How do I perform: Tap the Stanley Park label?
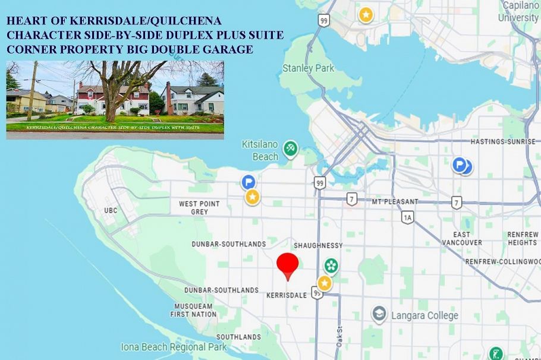[308, 68]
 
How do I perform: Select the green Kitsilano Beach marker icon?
[290, 148]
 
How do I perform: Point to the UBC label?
[111, 210]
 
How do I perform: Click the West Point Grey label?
[199, 207]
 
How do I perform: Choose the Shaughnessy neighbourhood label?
[318, 245]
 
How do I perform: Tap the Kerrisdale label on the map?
[287, 295]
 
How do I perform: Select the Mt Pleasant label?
[395, 201]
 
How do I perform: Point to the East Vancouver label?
[463, 239]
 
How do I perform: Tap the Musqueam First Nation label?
[193, 310]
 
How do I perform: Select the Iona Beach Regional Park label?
[174, 347]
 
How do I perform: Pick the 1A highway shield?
[407, 218]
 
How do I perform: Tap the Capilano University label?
[518, 12]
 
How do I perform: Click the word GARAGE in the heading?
[228, 49]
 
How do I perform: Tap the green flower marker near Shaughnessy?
[331, 266]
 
